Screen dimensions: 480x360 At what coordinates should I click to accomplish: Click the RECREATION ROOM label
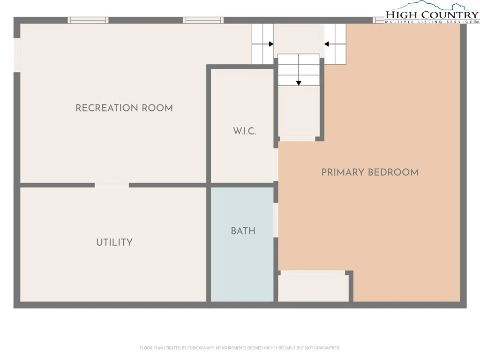click(124, 108)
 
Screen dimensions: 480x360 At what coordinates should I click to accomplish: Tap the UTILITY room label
click(114, 242)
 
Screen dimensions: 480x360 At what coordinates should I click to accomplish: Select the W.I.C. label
click(244, 131)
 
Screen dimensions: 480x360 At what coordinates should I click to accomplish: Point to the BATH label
click(243, 231)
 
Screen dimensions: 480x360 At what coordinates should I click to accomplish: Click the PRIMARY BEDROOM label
click(370, 172)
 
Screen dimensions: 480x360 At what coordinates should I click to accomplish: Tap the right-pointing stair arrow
click(263, 44)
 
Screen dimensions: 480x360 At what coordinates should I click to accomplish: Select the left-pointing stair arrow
click(335, 44)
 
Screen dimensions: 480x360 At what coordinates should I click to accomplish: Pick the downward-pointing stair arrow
click(299, 70)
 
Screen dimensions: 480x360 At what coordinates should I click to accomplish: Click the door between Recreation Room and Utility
click(112, 185)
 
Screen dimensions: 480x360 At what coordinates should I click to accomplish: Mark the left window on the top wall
click(88, 20)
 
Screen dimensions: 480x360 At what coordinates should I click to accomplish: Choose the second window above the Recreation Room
click(203, 20)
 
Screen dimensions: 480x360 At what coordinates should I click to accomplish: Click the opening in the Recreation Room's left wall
click(17, 55)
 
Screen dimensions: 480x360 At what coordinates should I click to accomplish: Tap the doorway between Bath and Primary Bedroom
click(276, 220)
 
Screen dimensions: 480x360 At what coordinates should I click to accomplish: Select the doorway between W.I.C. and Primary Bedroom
click(276, 165)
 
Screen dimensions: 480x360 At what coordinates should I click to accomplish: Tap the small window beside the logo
click(378, 20)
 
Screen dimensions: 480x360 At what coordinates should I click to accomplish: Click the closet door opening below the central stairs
click(298, 139)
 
